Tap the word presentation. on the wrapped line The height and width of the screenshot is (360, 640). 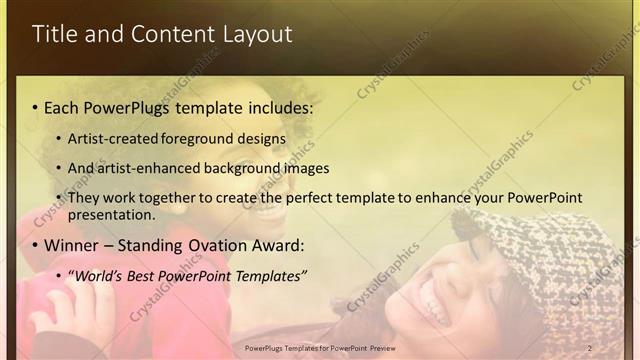[112, 214]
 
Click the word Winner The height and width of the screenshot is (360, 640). [73, 245]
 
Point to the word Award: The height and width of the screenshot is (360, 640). [276, 245]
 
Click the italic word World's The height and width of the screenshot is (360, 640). [95, 275]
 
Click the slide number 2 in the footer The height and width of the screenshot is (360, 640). [590, 348]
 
